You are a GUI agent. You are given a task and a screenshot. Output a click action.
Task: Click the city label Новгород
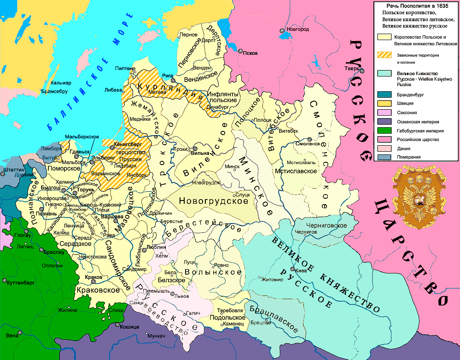pos(297,30)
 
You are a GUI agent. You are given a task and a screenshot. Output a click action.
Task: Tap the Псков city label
pos(250,53)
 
